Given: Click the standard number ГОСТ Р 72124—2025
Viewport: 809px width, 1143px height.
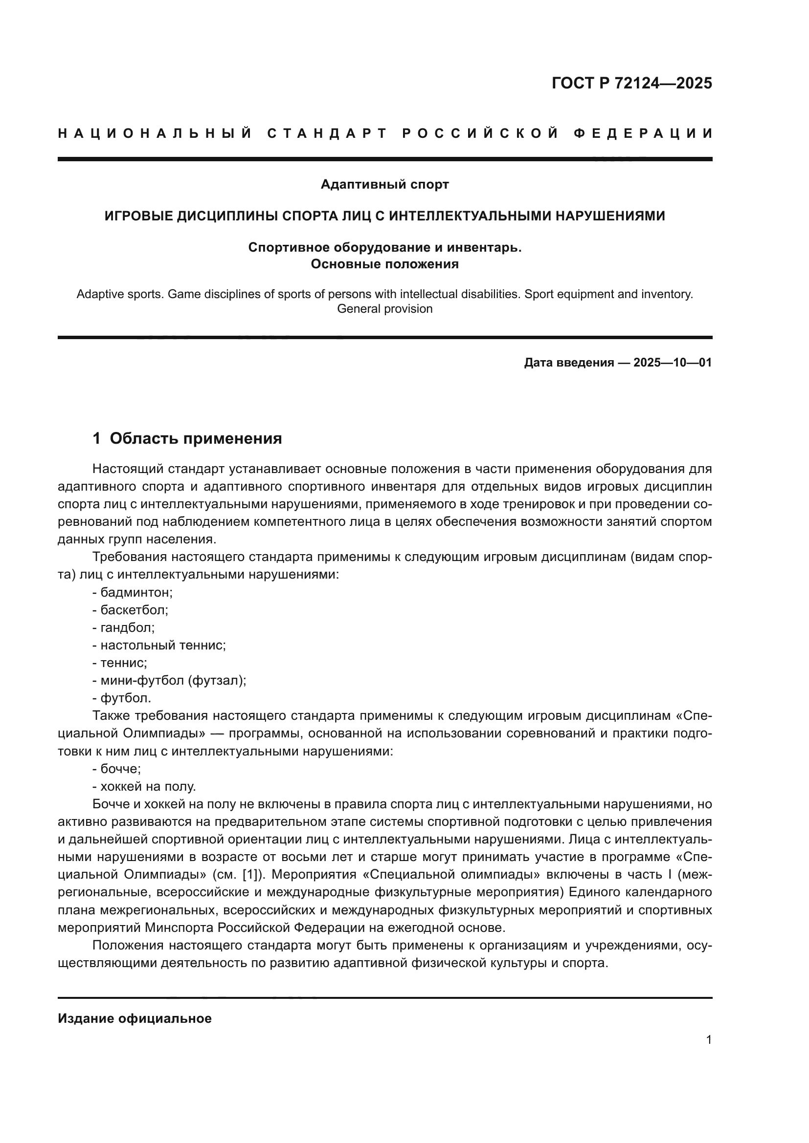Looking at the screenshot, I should click(631, 83).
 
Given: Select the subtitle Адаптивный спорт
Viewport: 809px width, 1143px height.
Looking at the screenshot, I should click(384, 185).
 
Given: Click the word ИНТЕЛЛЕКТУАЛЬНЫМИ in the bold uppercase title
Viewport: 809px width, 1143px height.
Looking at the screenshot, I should click(470, 216).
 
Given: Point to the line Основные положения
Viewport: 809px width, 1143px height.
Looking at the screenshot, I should click(384, 264).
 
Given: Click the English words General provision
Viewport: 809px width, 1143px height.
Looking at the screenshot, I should click(384, 309).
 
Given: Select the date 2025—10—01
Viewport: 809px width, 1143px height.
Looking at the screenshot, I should click(673, 363).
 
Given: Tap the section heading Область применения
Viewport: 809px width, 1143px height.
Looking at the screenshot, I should click(195, 438).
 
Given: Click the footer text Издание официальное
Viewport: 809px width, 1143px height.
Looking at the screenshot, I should click(135, 1018).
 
